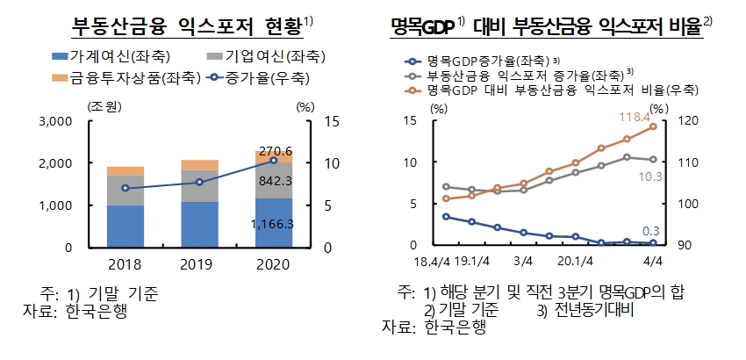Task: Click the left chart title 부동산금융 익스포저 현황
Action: [187, 26]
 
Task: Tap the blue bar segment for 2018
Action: [126, 226]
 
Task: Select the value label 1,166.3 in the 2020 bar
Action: [271, 225]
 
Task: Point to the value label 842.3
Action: [273, 180]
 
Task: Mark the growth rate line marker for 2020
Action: [274, 161]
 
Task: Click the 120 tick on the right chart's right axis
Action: [677, 121]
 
